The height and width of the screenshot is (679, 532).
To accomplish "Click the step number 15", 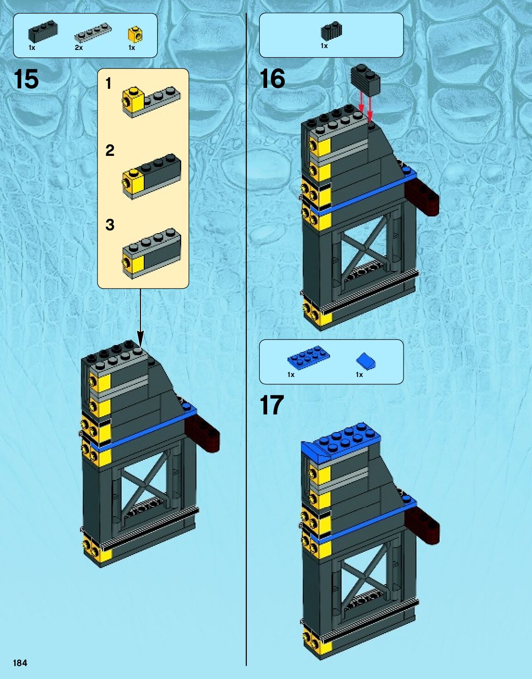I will pyautogui.click(x=26, y=79).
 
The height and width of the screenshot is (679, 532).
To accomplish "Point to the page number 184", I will pyautogui.click(x=20, y=663).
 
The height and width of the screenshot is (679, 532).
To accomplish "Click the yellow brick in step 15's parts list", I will pyautogui.click(x=135, y=34).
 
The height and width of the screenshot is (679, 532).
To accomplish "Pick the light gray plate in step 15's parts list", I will pyautogui.click(x=93, y=32).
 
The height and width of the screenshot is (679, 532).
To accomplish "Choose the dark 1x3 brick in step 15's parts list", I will pyautogui.click(x=43, y=32).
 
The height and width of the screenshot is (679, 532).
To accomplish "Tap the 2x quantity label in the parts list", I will pyautogui.click(x=79, y=48).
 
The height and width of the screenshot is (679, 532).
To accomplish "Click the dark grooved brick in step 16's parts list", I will pyautogui.click(x=331, y=31).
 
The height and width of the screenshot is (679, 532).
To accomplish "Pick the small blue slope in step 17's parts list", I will pyautogui.click(x=366, y=361).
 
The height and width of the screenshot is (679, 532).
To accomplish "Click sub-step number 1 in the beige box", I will pyautogui.click(x=109, y=84).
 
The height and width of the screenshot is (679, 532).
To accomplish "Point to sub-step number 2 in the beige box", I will pyautogui.click(x=110, y=150).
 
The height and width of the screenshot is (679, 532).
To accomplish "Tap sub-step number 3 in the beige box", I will pyautogui.click(x=110, y=225).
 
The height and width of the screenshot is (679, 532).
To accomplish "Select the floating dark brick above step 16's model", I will pyautogui.click(x=366, y=79).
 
